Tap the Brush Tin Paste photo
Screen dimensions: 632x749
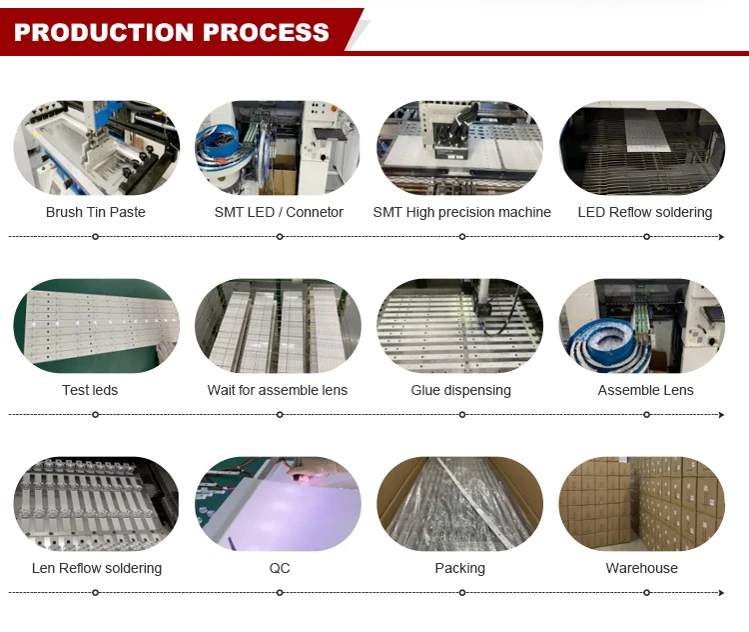(96, 148)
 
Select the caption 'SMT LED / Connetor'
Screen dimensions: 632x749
(279, 212)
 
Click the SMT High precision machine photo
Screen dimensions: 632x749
(460, 148)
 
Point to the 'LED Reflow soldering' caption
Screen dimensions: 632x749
(645, 212)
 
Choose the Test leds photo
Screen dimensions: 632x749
(96, 326)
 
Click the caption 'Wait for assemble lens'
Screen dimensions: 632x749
(278, 390)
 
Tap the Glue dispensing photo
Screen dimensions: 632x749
(460, 326)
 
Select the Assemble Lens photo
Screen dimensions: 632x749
(642, 326)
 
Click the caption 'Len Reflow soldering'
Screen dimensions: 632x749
(97, 568)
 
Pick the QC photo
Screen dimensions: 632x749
(279, 504)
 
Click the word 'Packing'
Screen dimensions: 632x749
(460, 568)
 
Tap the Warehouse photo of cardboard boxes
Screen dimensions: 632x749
(642, 504)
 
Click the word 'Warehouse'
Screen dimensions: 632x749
(642, 568)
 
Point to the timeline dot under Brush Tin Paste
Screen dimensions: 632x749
(95, 237)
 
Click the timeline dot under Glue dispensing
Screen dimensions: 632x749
(462, 414)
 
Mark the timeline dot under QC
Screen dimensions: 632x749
(280, 593)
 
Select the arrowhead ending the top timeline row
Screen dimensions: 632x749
(721, 237)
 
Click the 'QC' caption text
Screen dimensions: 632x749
(280, 568)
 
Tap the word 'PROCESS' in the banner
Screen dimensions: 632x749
(266, 31)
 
